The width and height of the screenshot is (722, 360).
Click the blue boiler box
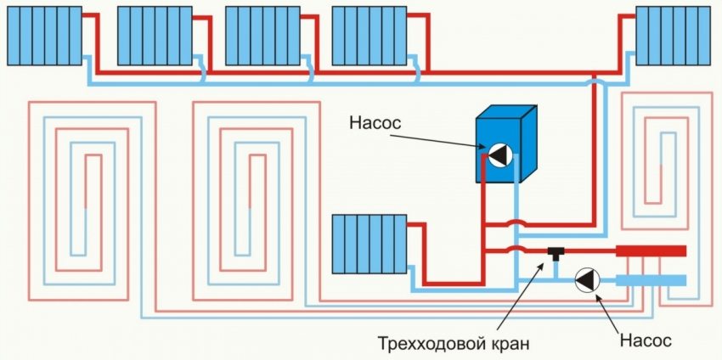(505, 144)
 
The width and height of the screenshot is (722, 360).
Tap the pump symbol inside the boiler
(499, 155)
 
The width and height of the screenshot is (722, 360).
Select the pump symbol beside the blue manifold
(586, 281)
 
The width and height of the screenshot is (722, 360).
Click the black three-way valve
(556, 251)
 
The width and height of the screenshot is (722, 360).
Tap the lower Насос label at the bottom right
(645, 340)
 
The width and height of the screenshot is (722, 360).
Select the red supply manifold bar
(651, 250)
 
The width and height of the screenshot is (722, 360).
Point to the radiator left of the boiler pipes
(369, 244)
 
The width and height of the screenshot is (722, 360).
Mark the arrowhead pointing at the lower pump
(600, 295)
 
